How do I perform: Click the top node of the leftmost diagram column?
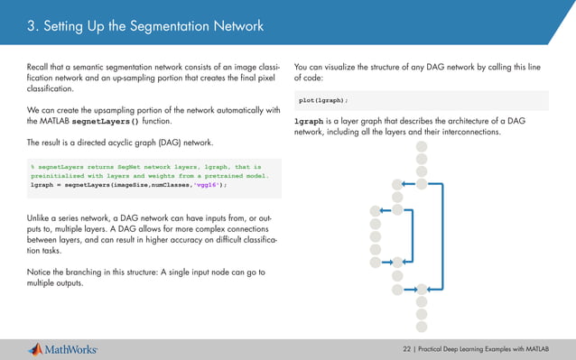(376, 212)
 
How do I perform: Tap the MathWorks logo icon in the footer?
(37, 348)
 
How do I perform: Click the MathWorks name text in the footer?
(74, 349)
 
